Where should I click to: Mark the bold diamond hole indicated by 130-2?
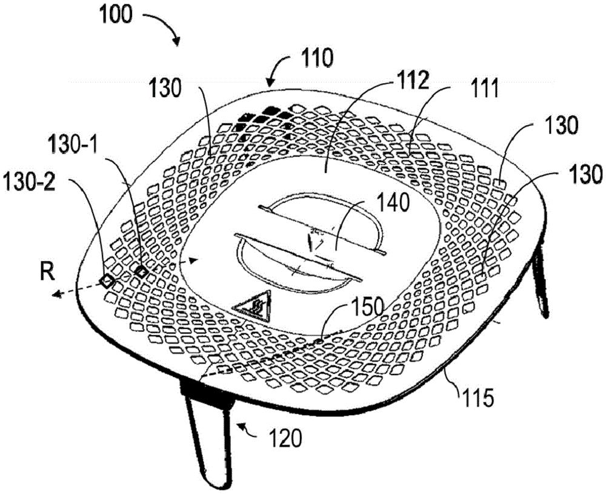(107, 280)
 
